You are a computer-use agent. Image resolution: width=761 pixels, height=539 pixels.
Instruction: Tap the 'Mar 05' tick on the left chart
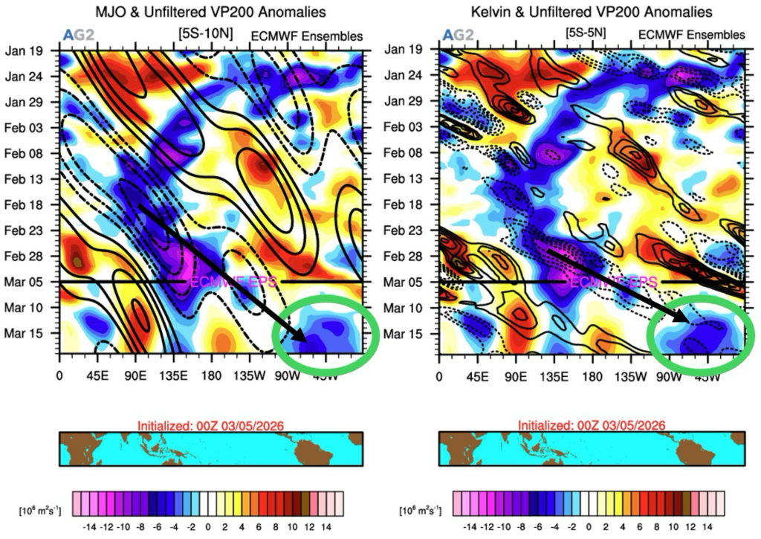coord(24,282)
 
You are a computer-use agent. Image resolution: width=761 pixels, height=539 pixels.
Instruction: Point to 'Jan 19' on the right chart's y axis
coord(404,50)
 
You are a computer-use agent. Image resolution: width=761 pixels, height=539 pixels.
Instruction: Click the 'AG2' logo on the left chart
coord(74,36)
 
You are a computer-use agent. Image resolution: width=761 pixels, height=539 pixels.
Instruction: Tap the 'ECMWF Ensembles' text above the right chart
coord(690,35)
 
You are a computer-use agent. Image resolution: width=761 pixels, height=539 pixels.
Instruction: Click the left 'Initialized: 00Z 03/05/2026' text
coord(210,425)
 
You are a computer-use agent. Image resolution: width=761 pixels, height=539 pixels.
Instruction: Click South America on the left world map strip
coord(312,449)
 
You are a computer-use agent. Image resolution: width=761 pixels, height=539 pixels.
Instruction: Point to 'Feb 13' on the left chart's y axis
coord(24,179)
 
